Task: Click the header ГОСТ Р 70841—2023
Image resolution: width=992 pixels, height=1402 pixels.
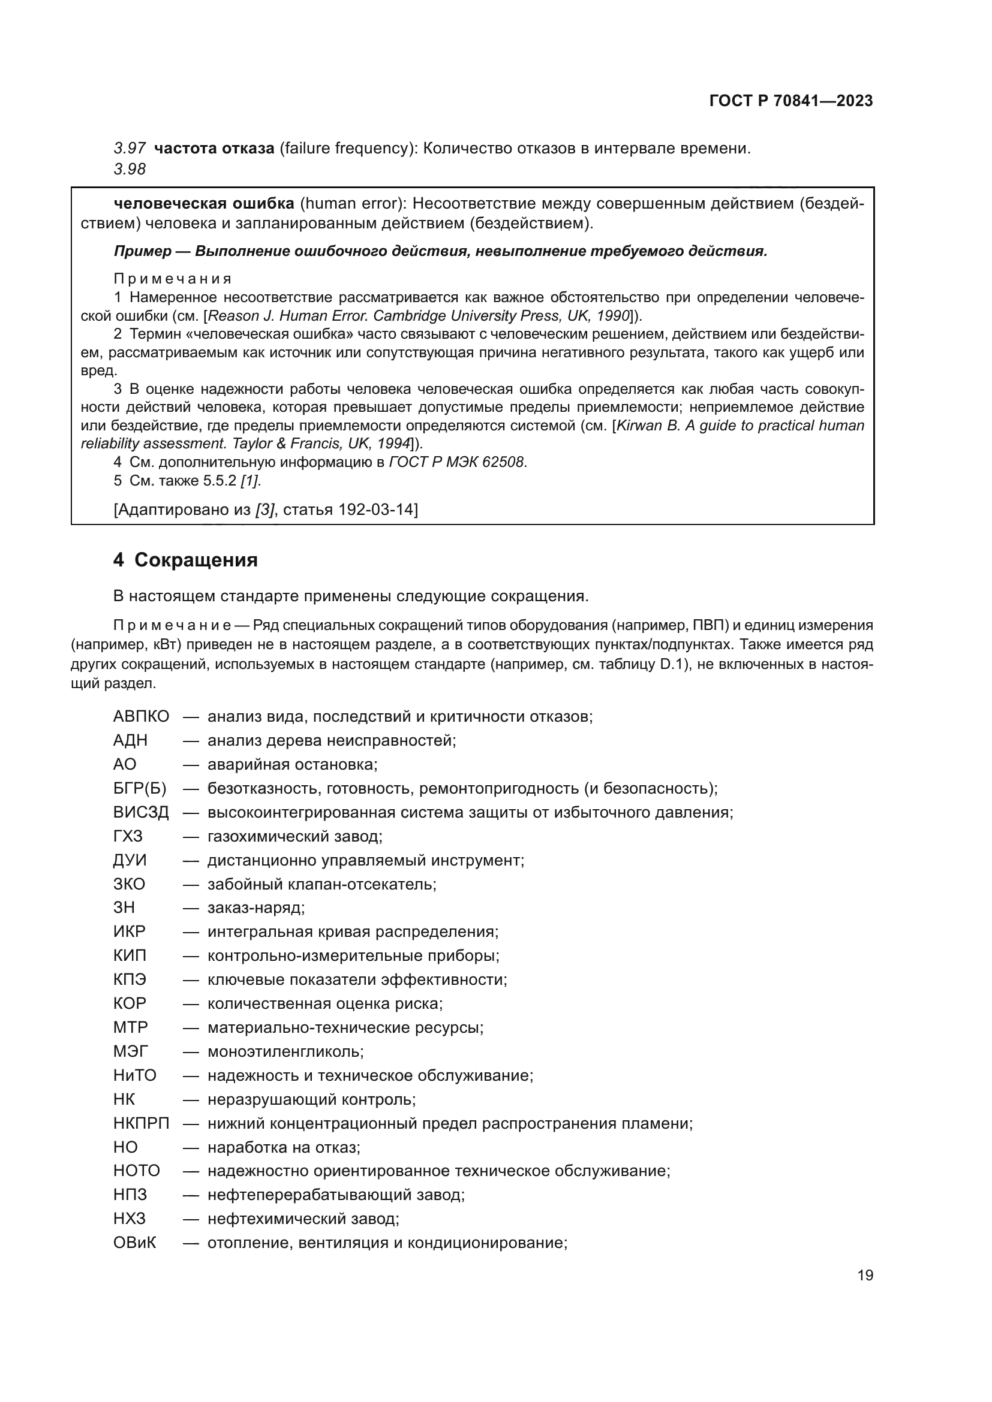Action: coord(791,101)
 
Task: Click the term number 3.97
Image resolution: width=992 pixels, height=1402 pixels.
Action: coord(130,149)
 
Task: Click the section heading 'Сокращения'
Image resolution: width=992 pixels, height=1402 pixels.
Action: coord(196,560)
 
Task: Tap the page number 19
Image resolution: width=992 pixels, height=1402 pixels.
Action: coord(865,1276)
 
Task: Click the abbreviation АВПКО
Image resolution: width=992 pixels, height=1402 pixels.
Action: coord(141,716)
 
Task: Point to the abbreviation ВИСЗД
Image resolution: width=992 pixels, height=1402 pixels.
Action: coord(141,812)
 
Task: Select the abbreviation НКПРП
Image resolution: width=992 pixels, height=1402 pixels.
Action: coord(141,1123)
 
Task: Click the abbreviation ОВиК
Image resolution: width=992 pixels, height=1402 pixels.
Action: coord(135,1243)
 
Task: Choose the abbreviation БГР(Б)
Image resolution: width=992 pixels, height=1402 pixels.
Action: coord(140,788)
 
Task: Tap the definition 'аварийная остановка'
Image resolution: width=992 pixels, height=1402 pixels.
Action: coord(293,764)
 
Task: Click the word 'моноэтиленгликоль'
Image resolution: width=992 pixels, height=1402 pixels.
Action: coord(285,1051)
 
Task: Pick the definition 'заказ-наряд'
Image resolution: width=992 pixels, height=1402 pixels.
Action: coord(256,908)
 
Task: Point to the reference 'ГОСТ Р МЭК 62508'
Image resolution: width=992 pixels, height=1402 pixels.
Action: coord(457,462)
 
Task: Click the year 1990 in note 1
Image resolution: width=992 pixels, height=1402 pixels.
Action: coord(615,316)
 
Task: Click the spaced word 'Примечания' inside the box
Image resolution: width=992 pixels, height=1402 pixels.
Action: coord(173,279)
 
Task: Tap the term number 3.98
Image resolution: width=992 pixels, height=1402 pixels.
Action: coord(130,169)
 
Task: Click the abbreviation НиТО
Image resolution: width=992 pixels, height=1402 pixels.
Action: coord(135,1075)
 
